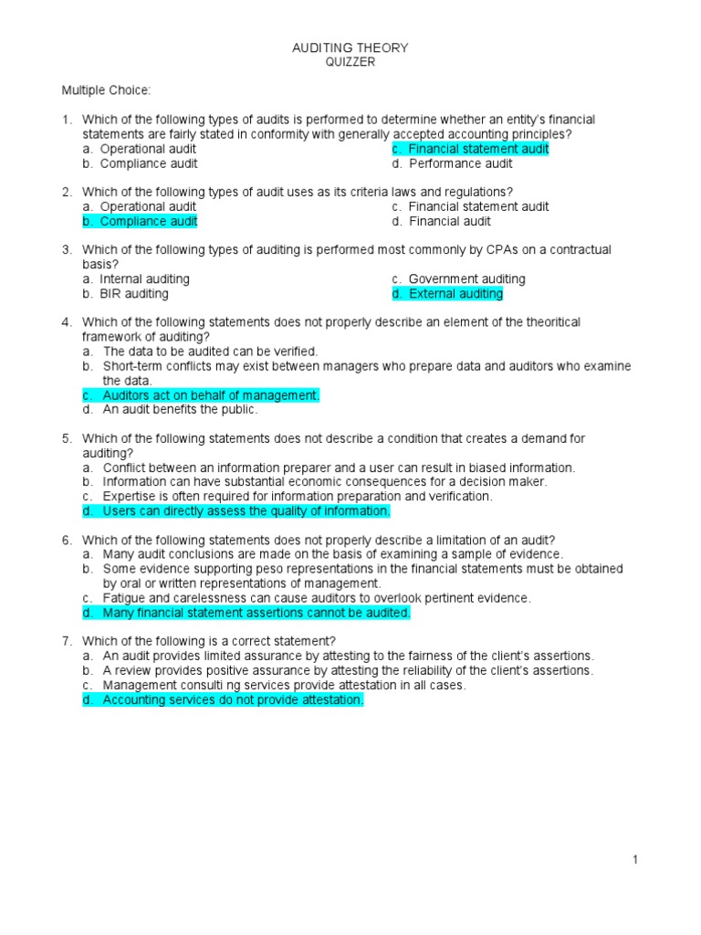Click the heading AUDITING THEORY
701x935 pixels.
(x=350, y=47)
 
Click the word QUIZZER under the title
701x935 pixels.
(x=350, y=61)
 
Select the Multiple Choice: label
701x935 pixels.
(x=106, y=90)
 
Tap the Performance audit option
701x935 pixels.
(x=460, y=163)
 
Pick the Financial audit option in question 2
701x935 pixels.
(x=449, y=221)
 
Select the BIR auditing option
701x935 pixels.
(x=133, y=294)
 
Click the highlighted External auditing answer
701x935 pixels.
(x=455, y=294)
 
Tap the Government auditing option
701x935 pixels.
(x=466, y=279)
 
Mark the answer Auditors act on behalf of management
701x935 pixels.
(x=211, y=395)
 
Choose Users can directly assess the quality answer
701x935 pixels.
(x=246, y=511)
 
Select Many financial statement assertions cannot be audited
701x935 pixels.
(x=256, y=613)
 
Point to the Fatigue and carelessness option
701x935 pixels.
(x=316, y=598)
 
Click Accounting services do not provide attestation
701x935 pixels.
(x=233, y=699)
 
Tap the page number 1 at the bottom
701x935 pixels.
(x=635, y=859)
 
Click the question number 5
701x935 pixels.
(x=67, y=438)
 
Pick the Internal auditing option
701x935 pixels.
(x=144, y=279)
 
